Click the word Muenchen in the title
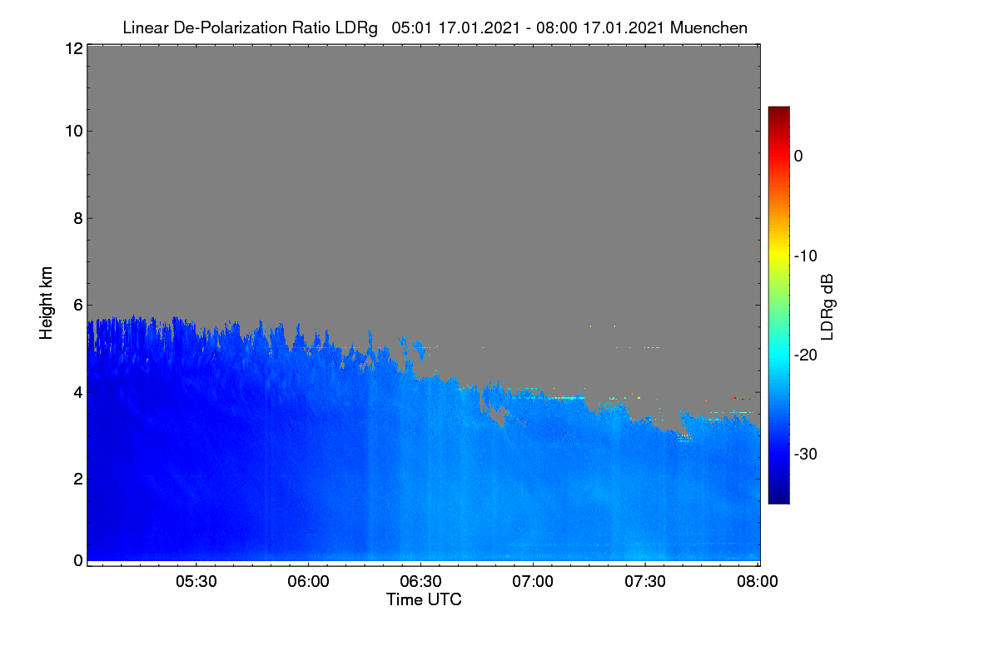(708, 28)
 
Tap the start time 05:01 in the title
(411, 28)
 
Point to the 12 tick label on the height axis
(74, 48)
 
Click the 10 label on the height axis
(74, 132)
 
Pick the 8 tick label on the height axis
(78, 218)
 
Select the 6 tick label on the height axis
(78, 306)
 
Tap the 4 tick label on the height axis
(78, 393)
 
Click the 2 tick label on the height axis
(78, 479)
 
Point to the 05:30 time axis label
(196, 581)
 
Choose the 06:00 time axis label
(308, 581)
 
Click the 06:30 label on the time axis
(420, 581)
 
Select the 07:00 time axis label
(533, 581)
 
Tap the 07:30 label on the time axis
(645, 581)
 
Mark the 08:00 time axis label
(758, 581)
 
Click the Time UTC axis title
(424, 599)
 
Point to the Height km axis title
(46, 303)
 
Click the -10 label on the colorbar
(806, 256)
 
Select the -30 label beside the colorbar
(806, 454)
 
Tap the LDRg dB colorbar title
(828, 307)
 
